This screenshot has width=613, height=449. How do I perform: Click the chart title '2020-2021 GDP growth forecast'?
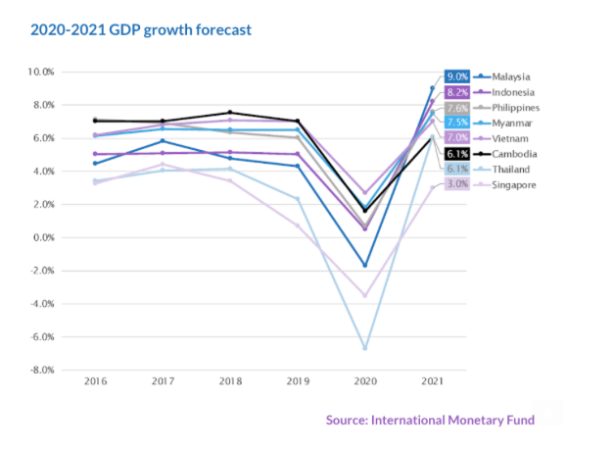[x=141, y=29]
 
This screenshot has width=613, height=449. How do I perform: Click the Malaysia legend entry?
[x=511, y=76]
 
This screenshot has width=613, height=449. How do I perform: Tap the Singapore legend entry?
[x=513, y=184]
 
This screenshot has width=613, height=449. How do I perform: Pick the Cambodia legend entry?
[x=513, y=153]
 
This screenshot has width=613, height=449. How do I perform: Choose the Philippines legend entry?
[x=515, y=108]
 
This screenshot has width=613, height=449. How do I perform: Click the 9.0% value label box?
[x=456, y=76]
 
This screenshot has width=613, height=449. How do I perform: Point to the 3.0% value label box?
[x=456, y=184]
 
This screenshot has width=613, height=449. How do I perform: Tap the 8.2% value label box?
[x=456, y=92]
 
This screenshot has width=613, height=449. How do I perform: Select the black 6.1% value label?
[x=456, y=153]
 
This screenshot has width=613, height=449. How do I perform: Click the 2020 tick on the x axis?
[x=363, y=380]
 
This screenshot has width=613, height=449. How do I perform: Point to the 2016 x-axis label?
[x=96, y=380]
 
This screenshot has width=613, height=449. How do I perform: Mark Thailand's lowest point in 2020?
[x=364, y=348]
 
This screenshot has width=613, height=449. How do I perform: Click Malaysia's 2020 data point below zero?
[x=364, y=265]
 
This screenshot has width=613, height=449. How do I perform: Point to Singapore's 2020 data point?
[x=364, y=295]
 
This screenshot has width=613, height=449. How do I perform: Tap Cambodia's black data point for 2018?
[x=230, y=113]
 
